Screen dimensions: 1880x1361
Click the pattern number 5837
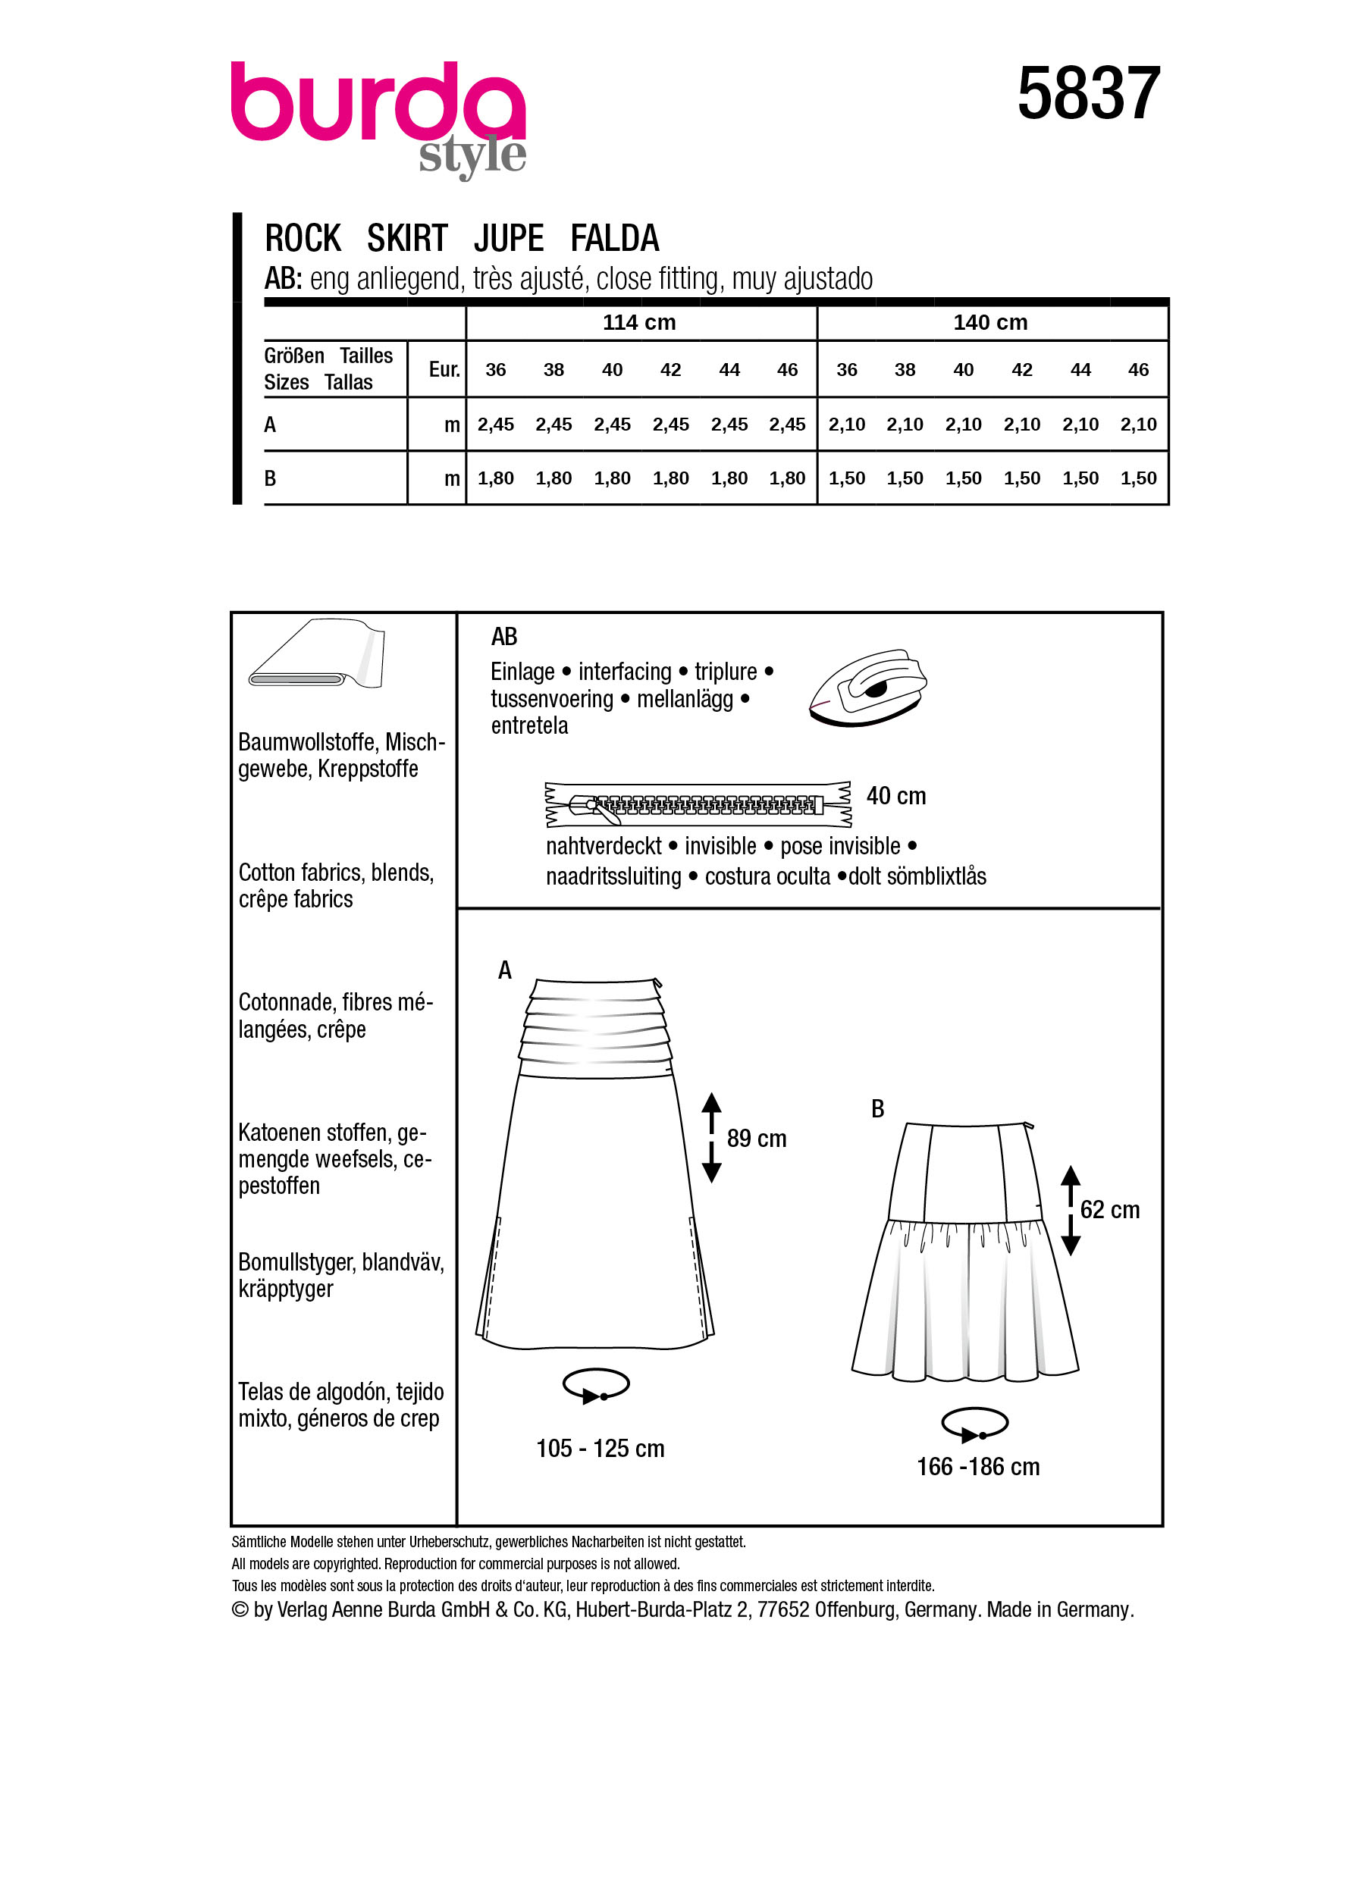coord(1087,94)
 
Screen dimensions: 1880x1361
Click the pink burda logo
coord(377,104)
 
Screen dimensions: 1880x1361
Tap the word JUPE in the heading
coord(508,239)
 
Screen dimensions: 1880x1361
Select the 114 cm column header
coord(638,322)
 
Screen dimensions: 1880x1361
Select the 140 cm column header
coord(989,322)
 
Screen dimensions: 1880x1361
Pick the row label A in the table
coord(270,425)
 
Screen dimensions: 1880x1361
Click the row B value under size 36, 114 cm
coord(496,478)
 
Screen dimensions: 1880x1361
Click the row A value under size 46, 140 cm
coord(1138,425)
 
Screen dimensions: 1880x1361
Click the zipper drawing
coord(697,804)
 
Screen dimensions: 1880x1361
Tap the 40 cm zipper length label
coord(895,797)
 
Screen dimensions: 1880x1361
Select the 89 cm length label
coord(756,1139)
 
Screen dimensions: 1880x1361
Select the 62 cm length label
coord(1109,1210)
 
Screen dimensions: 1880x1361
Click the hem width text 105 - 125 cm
coord(600,1449)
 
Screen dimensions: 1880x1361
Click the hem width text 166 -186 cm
coord(977,1467)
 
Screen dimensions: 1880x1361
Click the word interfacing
coord(624,672)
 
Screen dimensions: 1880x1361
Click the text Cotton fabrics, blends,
coord(336,873)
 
